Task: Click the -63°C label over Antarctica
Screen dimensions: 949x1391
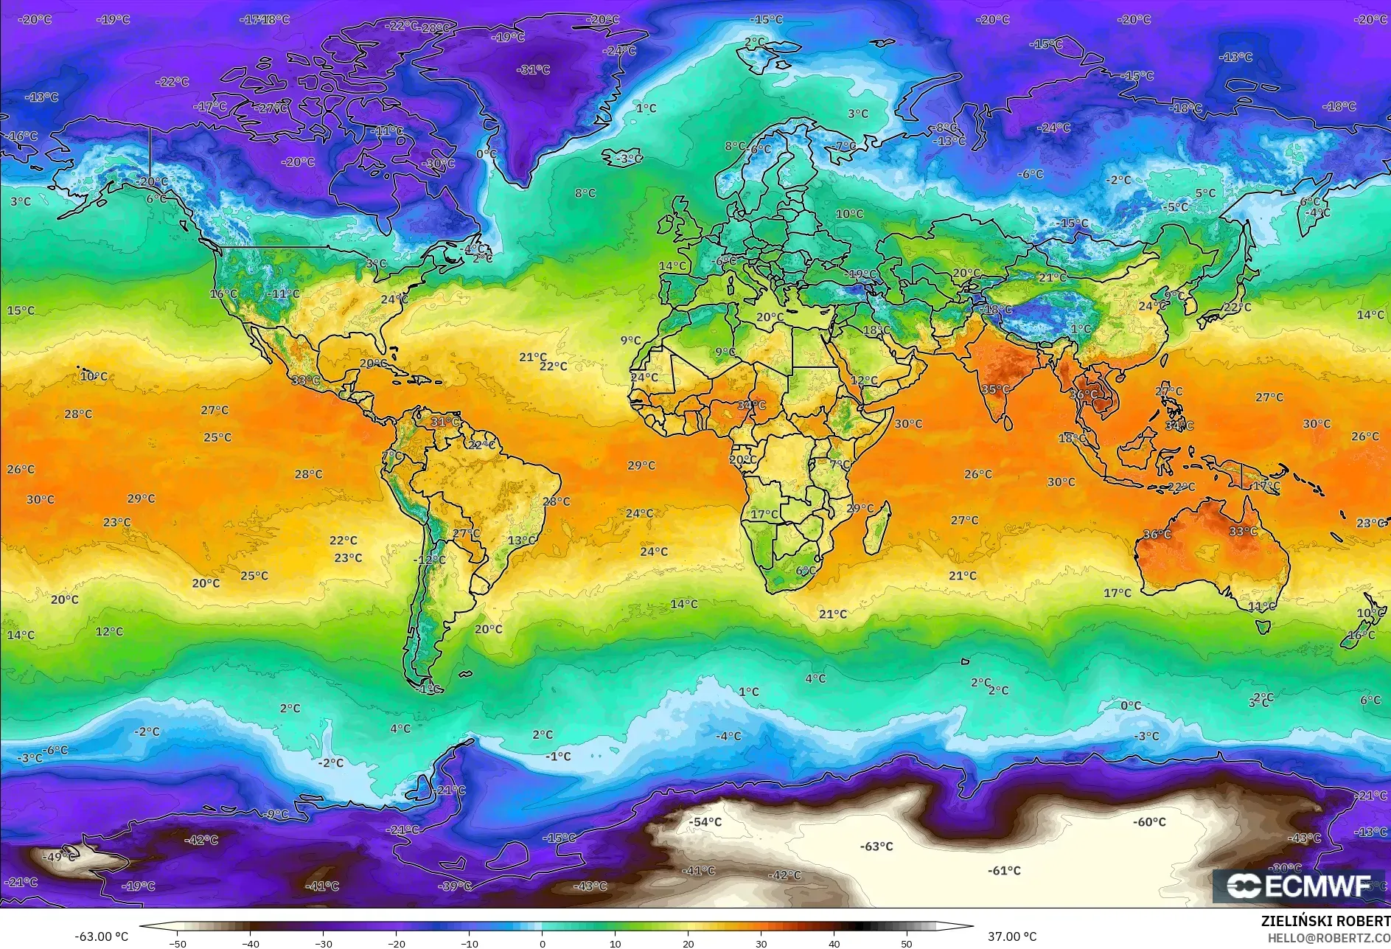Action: (876, 847)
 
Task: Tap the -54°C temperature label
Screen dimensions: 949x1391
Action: (705, 822)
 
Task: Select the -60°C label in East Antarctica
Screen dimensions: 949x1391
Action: (1149, 822)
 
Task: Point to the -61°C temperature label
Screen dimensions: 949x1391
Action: (1004, 871)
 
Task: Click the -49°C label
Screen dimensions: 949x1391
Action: (59, 857)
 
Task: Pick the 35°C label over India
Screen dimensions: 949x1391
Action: (995, 390)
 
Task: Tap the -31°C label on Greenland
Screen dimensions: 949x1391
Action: (535, 70)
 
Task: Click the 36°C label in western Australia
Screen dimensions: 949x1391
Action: (1157, 535)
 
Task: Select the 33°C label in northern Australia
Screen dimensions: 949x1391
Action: (1243, 532)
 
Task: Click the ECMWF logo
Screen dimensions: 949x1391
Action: (1298, 886)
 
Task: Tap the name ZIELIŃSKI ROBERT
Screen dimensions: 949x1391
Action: (1325, 921)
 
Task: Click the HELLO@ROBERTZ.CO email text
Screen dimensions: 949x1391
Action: (1329, 938)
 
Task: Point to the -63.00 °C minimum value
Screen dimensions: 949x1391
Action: (101, 937)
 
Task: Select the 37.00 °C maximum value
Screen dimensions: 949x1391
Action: (1011, 937)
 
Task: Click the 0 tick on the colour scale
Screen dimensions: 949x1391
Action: (543, 944)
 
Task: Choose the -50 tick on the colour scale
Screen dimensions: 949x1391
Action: (177, 944)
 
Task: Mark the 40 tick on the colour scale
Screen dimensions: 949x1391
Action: (834, 944)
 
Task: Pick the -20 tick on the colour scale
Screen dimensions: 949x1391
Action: (396, 944)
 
